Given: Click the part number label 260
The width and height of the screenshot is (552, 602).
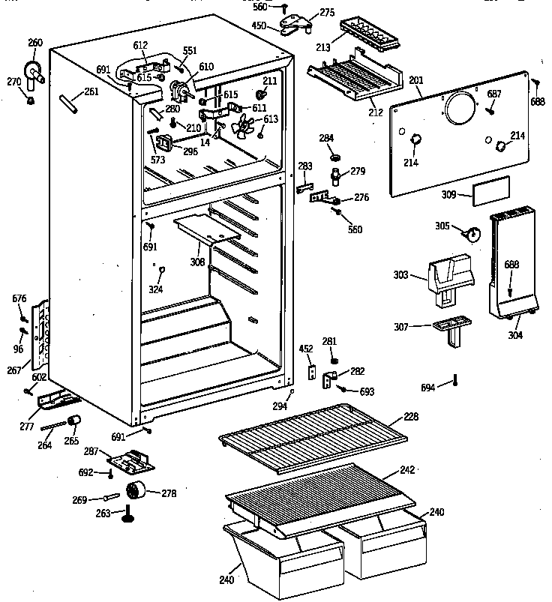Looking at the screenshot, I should coord(35,43).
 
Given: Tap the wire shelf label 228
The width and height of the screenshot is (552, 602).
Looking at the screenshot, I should coord(410,416).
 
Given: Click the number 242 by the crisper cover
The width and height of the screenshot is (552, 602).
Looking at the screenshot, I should coord(406,469).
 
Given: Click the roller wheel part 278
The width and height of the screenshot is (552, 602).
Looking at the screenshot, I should coord(135,491).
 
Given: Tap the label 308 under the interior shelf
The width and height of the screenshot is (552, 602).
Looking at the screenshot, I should coord(198,263).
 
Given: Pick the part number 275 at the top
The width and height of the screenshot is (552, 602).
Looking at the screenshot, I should coord(328,12).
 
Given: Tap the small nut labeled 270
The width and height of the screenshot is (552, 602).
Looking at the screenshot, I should coord(31,99).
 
